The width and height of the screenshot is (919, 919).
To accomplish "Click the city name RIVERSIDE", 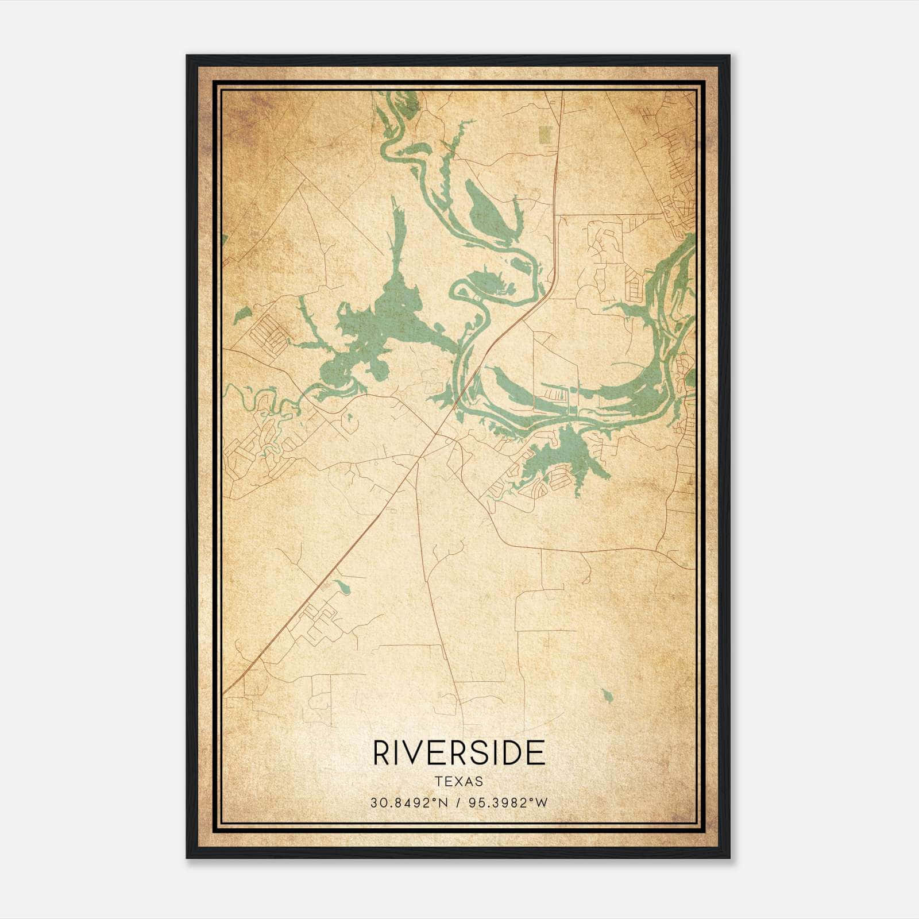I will (459, 753).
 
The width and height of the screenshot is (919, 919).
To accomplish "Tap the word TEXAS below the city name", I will (459, 781).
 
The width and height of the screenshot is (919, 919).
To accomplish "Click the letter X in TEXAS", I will (459, 781).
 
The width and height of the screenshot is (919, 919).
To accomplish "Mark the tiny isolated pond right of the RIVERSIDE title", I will (608, 696).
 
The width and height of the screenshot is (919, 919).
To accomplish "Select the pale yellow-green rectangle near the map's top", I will (544, 134).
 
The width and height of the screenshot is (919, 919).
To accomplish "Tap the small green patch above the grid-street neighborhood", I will (243, 314).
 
